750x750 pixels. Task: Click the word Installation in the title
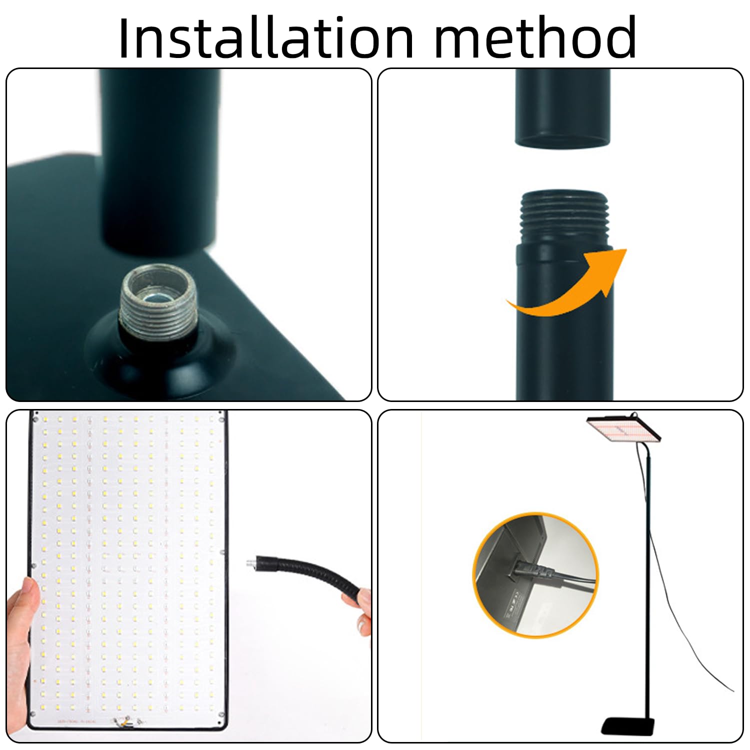(x=266, y=37)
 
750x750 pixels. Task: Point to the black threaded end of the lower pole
(x=564, y=217)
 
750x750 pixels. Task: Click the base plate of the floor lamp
(x=628, y=726)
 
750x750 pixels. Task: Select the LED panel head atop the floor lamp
(x=624, y=428)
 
